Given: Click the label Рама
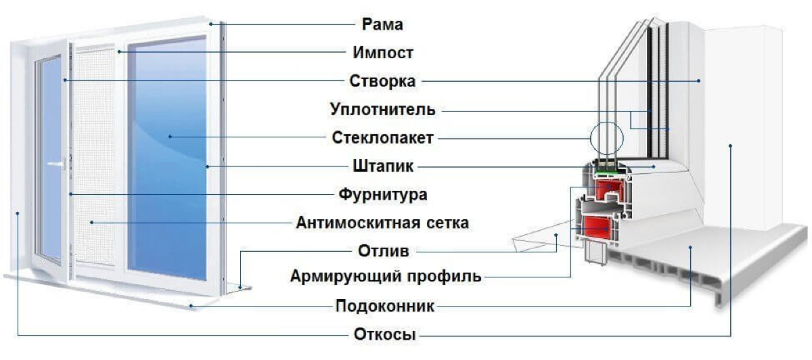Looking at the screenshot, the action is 382,24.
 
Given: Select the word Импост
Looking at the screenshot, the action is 383,53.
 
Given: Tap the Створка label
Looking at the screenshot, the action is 382,81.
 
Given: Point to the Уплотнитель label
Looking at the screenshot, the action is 382,110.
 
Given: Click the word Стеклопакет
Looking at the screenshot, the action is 382,138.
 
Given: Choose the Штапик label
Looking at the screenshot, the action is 383,166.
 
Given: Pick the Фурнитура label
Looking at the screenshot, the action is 383,195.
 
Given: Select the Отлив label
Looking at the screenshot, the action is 384,251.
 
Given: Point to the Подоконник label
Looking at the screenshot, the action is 384,307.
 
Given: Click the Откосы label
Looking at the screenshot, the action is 384,334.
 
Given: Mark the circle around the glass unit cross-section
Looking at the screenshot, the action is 590,139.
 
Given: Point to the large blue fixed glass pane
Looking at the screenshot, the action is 167,159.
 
